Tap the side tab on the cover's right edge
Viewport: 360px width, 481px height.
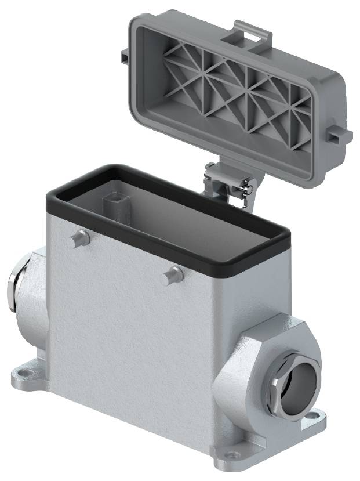[x=339, y=135]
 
